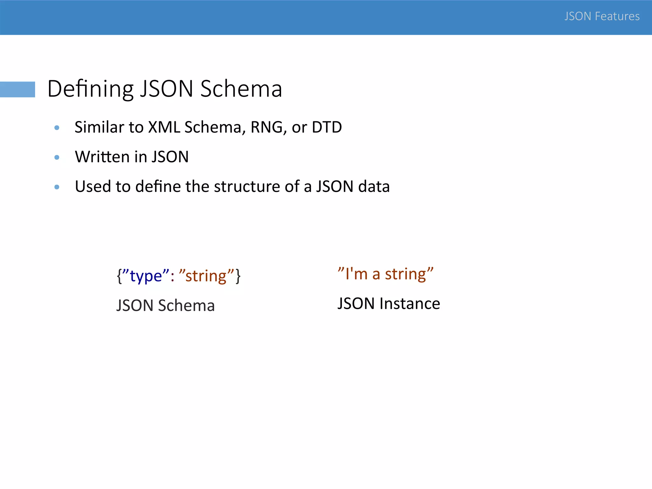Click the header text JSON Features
[x=602, y=16]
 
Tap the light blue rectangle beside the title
[x=18, y=89]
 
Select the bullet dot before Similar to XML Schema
[x=57, y=128]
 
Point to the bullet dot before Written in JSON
[x=57, y=157]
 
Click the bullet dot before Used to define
[x=57, y=187]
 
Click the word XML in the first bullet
[x=164, y=127]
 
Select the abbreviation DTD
[x=327, y=127]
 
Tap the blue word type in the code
[x=146, y=276]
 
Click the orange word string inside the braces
[x=206, y=276]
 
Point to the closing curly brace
[x=238, y=276]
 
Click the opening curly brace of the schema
[x=119, y=276]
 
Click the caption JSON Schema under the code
[x=166, y=305]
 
